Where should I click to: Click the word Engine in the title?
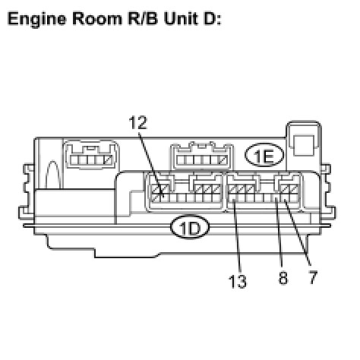pyautogui.click(x=36, y=19)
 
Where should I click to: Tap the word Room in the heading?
pyautogui.click(x=97, y=19)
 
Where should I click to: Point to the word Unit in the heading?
pyautogui.click(x=181, y=19)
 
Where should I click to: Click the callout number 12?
pyautogui.click(x=137, y=123)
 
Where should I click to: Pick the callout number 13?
pyautogui.click(x=238, y=281)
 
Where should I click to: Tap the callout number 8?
pyautogui.click(x=283, y=278)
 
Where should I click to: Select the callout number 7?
pyautogui.click(x=313, y=277)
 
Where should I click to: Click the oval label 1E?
pyautogui.click(x=264, y=155)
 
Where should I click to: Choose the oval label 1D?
pyautogui.click(x=190, y=227)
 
